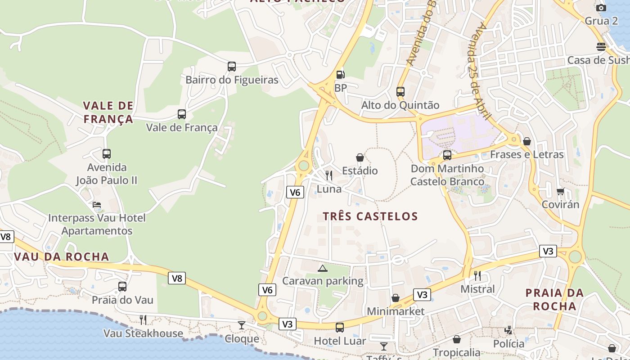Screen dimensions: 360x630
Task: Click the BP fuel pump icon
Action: coord(341,75)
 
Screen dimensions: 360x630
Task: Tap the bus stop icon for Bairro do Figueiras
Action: coord(232,67)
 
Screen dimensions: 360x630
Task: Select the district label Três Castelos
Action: coord(370,216)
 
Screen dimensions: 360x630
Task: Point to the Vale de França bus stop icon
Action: coord(182,114)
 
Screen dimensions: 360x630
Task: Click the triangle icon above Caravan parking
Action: coord(322,269)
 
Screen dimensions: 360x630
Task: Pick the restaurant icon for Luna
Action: coord(329,175)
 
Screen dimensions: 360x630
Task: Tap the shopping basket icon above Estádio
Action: coord(360,157)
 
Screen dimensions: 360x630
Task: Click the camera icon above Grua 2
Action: coord(601,8)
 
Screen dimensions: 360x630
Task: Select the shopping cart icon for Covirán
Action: coord(561,191)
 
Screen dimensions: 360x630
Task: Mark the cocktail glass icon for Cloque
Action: coord(242,325)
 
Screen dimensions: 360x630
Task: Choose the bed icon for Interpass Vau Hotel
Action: coord(97,205)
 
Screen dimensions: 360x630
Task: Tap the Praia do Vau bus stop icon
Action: coord(122,287)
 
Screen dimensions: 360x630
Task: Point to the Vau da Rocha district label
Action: coord(62,257)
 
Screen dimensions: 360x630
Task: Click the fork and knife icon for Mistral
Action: coord(477,275)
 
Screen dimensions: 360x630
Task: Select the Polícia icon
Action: coord(508,330)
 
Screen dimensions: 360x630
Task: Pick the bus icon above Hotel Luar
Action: coord(340,328)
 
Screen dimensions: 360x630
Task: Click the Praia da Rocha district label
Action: coord(554,300)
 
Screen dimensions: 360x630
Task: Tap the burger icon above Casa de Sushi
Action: coord(601,47)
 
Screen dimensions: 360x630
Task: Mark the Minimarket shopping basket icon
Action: coord(396,298)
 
